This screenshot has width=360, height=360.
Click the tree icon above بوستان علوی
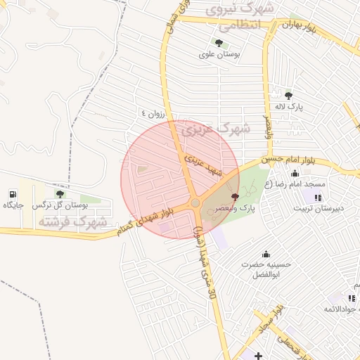click(219, 43)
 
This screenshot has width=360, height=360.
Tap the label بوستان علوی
click(219, 53)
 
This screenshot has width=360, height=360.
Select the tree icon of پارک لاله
click(288, 96)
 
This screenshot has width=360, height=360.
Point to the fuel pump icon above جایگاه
click(13, 193)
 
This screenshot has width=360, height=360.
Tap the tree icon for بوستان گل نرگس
click(59, 193)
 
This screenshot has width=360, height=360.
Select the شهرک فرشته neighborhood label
click(72, 221)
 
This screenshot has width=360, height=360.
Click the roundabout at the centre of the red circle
click(195, 203)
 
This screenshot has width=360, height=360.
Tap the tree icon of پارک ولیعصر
click(235, 197)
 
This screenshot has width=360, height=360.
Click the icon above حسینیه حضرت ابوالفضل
click(266, 254)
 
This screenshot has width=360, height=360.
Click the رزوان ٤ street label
click(153, 112)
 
